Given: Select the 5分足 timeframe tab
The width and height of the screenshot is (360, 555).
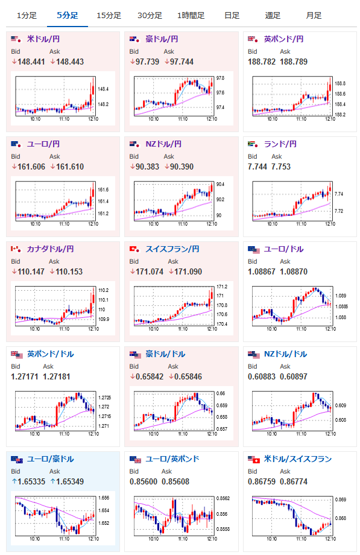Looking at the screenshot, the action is coord(68,16).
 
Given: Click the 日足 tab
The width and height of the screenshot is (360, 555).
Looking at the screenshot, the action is coord(232,16).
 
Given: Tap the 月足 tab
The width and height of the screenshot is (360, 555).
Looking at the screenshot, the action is coord(314,16).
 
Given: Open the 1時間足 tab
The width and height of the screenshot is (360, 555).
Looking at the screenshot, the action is coord(191,16).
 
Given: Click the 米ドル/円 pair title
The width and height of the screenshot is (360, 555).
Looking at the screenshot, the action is coord(43,39).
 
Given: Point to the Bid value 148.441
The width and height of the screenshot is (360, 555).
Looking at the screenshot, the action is coord(31,62).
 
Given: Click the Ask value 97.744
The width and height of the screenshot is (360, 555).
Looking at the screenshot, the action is coord(182,62).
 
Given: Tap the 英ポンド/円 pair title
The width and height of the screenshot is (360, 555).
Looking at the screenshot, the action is coord(283,39).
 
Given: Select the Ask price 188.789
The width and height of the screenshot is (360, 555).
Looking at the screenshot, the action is coord(294,62).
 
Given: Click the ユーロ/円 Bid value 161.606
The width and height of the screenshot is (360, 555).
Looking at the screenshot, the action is coord(31,166).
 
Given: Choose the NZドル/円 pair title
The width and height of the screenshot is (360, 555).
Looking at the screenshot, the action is coord(163,144).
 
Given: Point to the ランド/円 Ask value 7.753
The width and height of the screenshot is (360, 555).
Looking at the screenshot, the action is coord(281,166).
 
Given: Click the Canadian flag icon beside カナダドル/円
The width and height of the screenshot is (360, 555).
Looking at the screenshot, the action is coord(16,249).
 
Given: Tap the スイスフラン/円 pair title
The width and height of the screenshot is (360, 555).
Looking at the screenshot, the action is coord(172,249).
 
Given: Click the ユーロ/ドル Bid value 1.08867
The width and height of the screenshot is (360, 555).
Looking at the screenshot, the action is coord(262,272).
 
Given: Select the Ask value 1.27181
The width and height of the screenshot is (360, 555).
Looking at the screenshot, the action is coord(57,376).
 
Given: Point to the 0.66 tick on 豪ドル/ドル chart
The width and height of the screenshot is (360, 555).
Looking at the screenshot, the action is coord(221,393).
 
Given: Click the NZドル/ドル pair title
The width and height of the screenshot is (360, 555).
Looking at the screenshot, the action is coord(285,354).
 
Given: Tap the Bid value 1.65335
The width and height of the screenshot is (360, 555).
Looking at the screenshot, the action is coord(31,482).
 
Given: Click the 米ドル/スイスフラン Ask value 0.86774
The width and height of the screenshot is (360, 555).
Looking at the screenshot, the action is coord(294,482).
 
